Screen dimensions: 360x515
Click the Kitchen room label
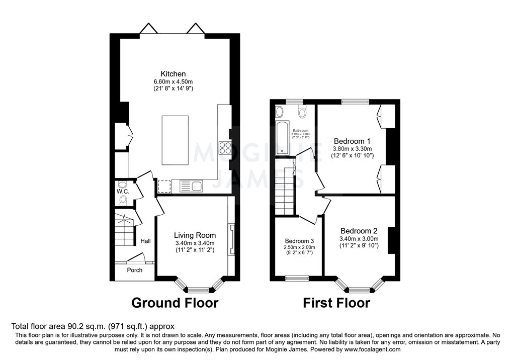tap(173, 74)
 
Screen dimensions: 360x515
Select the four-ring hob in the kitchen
tap(225, 148)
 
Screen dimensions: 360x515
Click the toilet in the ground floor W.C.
tap(123, 201)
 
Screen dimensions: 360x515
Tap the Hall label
tap(146, 241)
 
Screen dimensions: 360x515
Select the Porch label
tap(134, 270)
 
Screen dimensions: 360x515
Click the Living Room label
tap(195, 235)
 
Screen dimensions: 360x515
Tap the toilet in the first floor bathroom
tap(302, 113)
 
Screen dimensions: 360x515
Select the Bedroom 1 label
tap(352, 141)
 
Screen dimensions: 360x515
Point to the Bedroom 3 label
tap(299, 240)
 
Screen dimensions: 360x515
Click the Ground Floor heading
tap(175, 303)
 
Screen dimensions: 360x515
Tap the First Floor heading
tap(336, 303)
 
